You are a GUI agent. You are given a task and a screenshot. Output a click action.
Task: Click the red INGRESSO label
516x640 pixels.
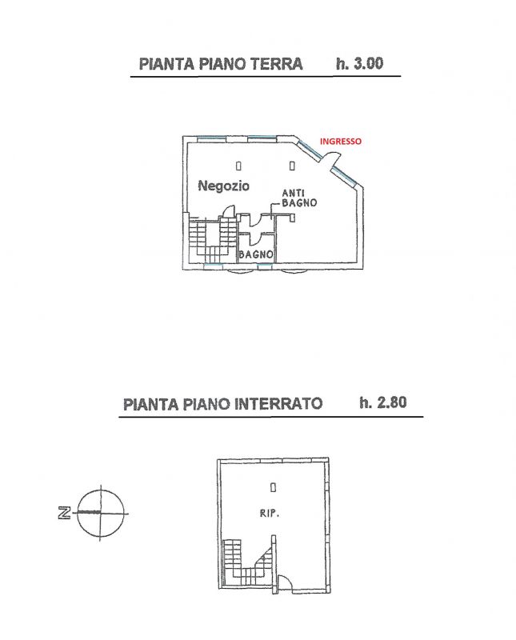tap(341, 142)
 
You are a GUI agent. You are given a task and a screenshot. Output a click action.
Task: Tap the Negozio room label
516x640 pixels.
tap(223, 186)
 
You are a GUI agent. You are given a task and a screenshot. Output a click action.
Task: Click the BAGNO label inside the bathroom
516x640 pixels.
tap(256, 254)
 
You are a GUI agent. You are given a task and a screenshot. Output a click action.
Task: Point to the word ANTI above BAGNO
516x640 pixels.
tap(293, 193)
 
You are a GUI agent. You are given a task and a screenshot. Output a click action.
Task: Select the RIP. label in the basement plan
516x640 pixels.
tap(270, 514)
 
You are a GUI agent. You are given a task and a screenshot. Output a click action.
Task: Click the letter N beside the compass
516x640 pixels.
tap(64, 512)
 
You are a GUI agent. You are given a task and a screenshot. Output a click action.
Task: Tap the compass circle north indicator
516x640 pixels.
tap(101, 513)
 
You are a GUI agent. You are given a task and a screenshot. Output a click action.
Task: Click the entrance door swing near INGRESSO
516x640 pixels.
tap(331, 158)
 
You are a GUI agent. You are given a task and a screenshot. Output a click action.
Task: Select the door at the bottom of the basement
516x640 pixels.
tap(284, 582)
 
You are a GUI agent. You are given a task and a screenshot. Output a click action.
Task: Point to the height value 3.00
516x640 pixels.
tap(367, 64)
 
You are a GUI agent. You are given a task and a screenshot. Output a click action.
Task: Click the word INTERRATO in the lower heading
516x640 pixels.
tap(278, 404)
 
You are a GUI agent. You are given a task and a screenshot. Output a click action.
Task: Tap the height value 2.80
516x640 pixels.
tap(391, 402)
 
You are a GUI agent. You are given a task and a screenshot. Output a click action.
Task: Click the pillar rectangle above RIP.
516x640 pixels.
tap(273, 487)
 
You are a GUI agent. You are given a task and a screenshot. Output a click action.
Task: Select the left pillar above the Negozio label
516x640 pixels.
tap(238, 166)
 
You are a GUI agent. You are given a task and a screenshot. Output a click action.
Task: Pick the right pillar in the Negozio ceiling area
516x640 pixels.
tap(292, 166)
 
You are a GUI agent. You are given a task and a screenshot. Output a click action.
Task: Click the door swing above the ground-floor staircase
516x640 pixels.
tap(228, 211)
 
